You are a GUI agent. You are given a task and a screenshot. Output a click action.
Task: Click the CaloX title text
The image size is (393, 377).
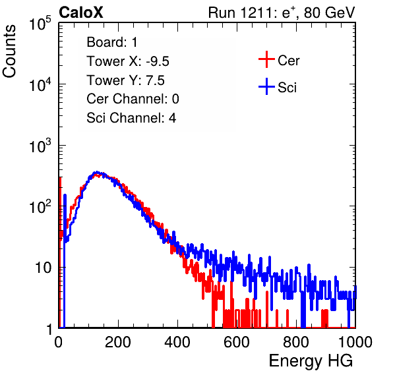tap(81, 13)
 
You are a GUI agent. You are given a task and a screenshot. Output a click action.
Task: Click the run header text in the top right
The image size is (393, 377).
tap(282, 13)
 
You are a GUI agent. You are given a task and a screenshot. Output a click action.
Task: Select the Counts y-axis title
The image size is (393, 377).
tap(9, 51)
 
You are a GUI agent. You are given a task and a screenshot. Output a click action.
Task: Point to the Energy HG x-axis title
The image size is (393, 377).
tap(311, 361)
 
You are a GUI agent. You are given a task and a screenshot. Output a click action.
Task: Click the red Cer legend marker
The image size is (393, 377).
tap(266, 59)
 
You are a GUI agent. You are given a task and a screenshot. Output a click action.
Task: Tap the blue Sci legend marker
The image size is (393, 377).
tap(266, 87)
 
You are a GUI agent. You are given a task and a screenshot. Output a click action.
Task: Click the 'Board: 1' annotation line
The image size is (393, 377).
tap(112, 42)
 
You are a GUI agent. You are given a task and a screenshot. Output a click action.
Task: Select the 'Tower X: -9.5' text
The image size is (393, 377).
tap(128, 61)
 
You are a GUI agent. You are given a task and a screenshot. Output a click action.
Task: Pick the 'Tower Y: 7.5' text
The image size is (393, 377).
tap(125, 80)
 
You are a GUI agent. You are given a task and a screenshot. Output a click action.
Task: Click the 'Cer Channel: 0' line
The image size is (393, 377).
tap(133, 99)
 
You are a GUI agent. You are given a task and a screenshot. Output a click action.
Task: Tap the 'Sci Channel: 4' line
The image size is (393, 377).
tap(131, 118)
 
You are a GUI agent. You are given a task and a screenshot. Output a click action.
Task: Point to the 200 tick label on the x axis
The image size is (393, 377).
tap(118, 342)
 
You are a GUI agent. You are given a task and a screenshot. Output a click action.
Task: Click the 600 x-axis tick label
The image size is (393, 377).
tap(237, 342)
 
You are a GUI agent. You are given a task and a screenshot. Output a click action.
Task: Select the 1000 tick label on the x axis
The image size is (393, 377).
tap(355, 342)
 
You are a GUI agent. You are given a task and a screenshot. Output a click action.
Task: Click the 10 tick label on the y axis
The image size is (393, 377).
tap(43, 268)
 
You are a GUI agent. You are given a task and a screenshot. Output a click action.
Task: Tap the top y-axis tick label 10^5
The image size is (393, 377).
tap(40, 24)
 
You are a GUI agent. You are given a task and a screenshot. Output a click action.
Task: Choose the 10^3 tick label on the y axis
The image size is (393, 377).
tap(40, 146)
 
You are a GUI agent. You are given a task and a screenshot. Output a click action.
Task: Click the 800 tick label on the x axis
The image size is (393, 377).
tap(296, 342)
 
